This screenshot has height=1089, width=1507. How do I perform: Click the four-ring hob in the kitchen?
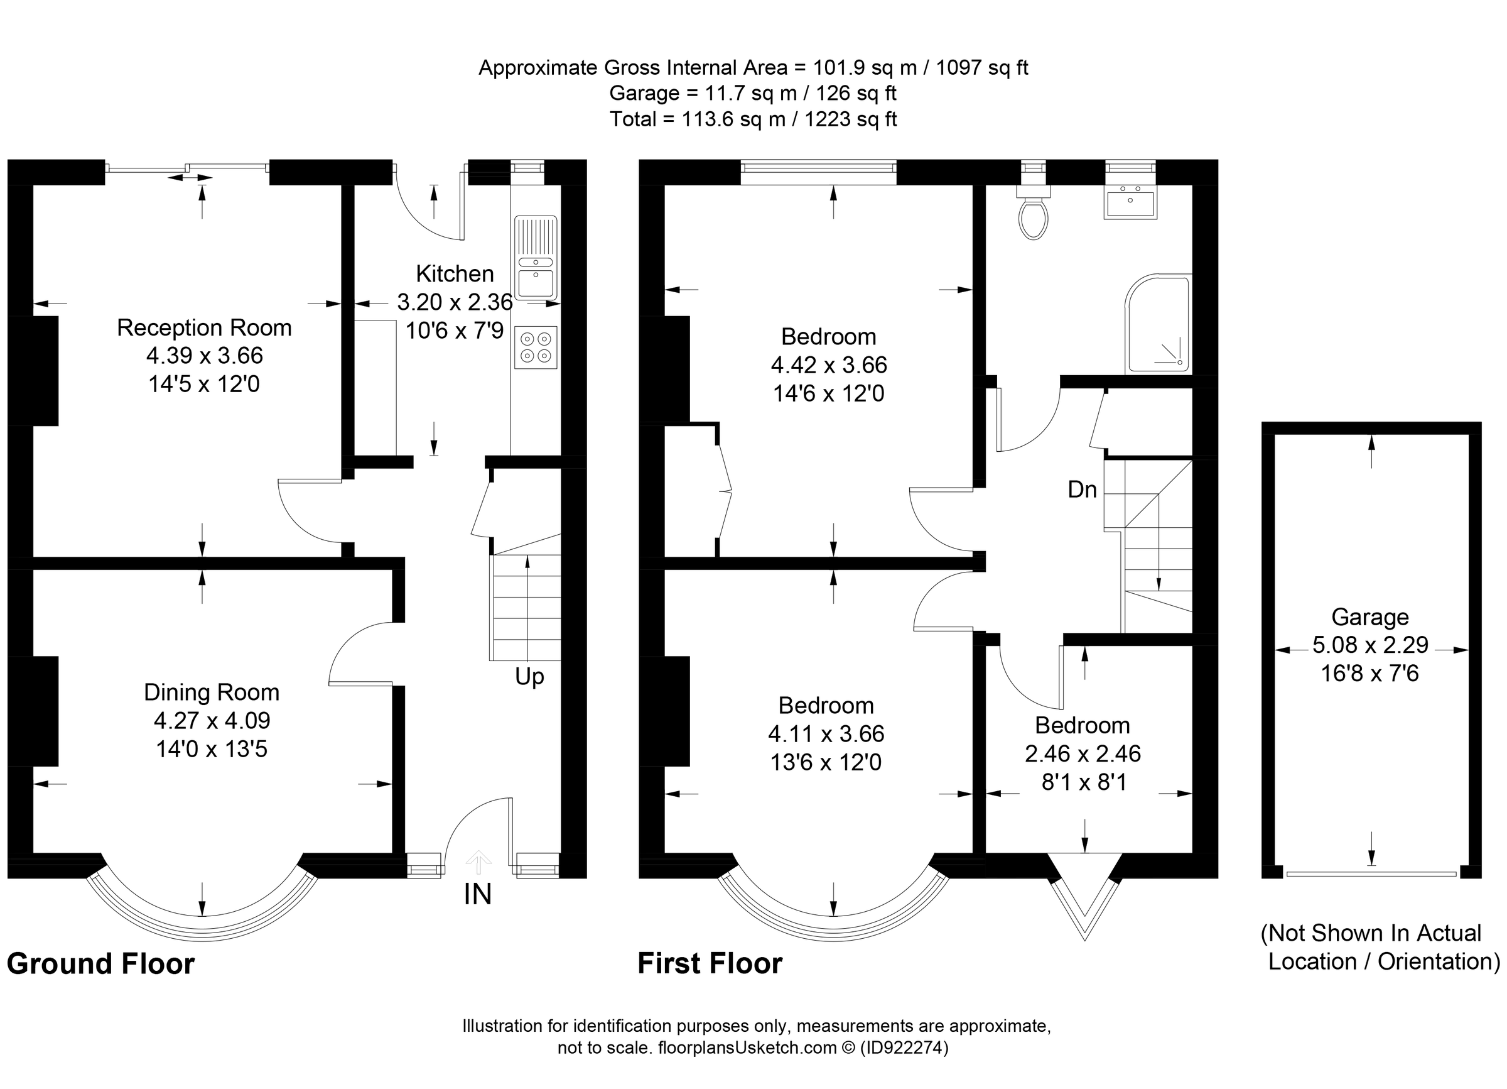coord(536,347)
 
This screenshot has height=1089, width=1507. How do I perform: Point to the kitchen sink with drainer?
coord(536,256)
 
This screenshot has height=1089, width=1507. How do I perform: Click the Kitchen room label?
coord(455,274)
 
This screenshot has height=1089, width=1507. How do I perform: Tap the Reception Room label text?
coord(204,328)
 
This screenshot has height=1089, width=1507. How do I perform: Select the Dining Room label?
coord(212,692)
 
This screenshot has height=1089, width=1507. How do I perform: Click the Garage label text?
coord(1369,617)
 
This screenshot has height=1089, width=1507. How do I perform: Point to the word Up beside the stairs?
coord(529,677)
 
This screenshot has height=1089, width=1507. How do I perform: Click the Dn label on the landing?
coord(1082,490)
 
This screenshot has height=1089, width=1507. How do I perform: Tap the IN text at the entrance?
coord(477,895)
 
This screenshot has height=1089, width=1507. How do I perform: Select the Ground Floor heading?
coord(100,963)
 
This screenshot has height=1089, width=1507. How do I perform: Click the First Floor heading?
coord(710,963)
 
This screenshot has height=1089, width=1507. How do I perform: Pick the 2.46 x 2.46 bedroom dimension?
coord(1083,753)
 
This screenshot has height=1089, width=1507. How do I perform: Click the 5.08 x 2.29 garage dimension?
coord(1369,645)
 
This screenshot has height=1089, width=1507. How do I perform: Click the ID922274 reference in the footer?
coord(904,1048)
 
